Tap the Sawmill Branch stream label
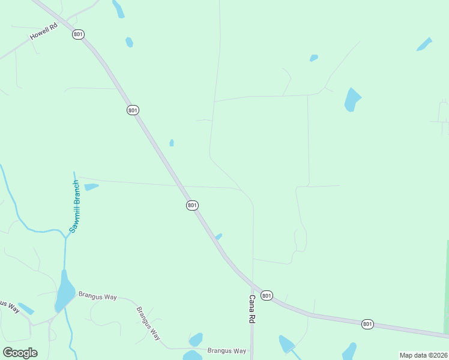74,206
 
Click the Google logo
20,353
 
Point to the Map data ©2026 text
423,355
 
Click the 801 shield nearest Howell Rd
78,34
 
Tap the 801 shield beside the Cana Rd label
267,295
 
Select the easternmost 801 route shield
368,324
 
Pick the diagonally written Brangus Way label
148,323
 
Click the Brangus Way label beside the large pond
97,296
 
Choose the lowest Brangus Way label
227,350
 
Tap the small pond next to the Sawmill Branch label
91,187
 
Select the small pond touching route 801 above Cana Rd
218,236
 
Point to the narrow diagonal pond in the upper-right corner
424,44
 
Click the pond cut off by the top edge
118,8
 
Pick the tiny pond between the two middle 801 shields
172,143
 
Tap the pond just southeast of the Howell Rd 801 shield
129,42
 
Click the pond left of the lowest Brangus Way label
196,340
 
